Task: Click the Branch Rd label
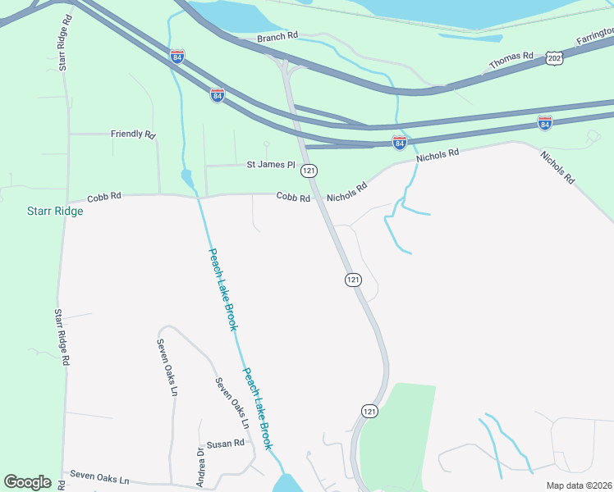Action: coord(277,38)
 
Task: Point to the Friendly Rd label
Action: coord(133,133)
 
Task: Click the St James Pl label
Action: coord(271,165)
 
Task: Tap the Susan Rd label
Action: coord(226,443)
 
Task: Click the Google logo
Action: coord(27,482)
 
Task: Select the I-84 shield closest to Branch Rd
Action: coord(177,56)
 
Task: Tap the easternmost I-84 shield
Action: coord(544,123)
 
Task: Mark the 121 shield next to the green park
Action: coord(369,411)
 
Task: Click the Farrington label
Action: coord(594,36)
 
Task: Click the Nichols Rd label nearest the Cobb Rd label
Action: coord(346,193)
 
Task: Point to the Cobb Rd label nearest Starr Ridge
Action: coord(104,197)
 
